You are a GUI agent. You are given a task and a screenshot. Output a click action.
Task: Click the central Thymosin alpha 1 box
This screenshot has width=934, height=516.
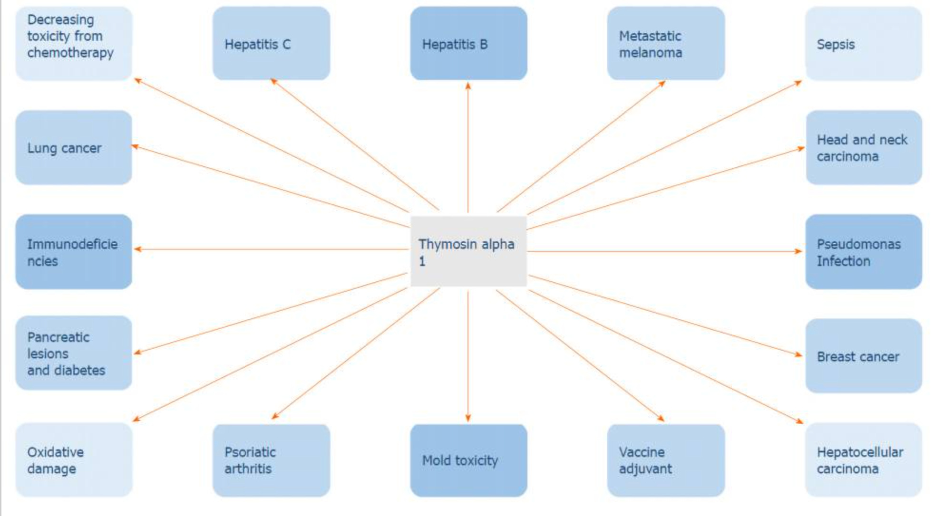[468, 251]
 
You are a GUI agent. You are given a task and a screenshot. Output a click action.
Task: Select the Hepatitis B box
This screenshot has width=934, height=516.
[468, 43]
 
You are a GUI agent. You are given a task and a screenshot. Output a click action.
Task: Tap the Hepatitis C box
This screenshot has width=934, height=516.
[271, 43]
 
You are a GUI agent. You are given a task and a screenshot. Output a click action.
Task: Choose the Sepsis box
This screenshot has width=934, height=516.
[863, 43]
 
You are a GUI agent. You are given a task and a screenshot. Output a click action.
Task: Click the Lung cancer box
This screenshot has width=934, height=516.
[74, 147]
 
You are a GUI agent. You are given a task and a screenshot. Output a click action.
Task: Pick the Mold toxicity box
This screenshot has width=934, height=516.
[468, 460]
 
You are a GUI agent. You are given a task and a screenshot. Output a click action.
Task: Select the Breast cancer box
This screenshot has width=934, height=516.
[863, 356]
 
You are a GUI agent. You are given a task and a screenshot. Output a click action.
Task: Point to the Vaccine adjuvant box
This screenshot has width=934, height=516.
[666, 460]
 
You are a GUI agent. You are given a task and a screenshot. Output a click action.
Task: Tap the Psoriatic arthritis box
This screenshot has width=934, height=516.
[271, 460]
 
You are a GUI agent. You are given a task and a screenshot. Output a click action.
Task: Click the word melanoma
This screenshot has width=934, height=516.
[650, 53]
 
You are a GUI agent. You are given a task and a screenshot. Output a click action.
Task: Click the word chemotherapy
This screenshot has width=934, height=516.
[70, 53]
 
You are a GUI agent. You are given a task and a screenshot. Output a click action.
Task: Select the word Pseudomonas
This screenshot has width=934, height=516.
[858, 244]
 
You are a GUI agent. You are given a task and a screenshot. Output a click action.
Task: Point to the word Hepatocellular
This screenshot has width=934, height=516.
[860, 452]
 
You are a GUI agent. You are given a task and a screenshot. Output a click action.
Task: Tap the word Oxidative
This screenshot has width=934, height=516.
[55, 452]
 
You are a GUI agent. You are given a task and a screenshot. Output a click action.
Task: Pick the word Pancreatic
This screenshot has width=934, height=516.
[58, 337]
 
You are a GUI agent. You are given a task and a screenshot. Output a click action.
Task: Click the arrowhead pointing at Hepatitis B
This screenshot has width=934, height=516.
[468, 86]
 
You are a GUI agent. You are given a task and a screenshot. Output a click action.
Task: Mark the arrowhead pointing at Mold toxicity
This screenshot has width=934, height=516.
[468, 418]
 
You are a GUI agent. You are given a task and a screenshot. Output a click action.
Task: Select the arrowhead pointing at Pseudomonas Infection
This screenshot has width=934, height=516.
[798, 251]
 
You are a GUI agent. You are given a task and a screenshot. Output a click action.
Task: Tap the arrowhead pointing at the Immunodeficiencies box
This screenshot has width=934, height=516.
[138, 249]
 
